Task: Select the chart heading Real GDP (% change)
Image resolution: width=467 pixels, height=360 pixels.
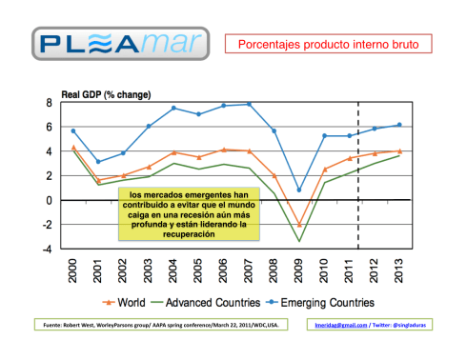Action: (x=106, y=94)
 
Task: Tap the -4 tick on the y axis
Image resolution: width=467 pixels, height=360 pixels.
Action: (x=47, y=250)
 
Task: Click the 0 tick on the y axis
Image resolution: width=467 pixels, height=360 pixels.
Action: (x=49, y=201)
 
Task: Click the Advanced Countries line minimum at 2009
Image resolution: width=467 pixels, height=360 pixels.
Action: (x=299, y=241)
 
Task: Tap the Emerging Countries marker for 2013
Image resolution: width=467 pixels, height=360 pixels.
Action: (x=399, y=125)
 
